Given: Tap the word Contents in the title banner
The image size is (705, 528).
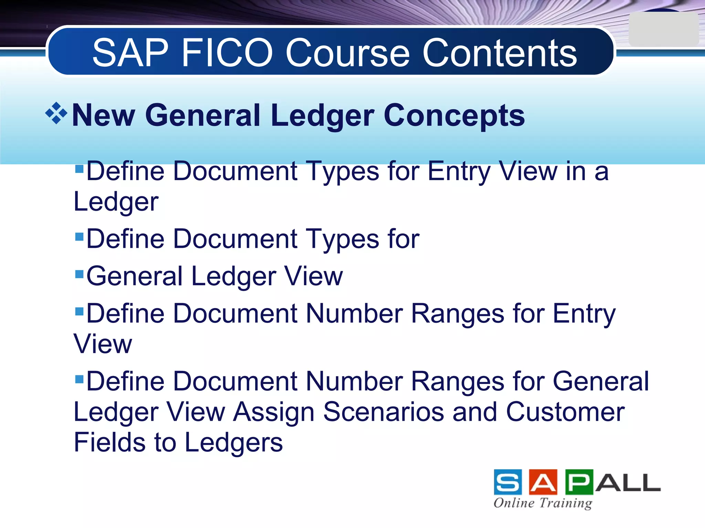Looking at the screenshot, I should tap(499, 53).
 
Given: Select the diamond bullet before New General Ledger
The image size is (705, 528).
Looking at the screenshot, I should tap(56, 113).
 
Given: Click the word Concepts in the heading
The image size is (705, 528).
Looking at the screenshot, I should tap(454, 115).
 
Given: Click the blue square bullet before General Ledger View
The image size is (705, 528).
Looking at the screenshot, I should tap(80, 274).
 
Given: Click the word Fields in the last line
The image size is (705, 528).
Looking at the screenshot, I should tap(110, 442).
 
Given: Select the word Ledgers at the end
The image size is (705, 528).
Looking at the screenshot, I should tap(234, 443).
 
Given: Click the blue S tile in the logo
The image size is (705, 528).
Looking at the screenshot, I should tap(508, 482).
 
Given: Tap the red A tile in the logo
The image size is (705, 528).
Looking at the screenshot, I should tap(543, 482).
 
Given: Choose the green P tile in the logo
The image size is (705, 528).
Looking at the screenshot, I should tap(579, 482).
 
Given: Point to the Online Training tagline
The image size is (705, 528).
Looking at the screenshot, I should tap(543, 503).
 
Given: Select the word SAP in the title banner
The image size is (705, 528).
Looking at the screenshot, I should tap(130, 53).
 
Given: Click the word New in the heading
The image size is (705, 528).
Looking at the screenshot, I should tap(104, 115).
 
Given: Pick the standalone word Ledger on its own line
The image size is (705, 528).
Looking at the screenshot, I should tap(116, 202).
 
